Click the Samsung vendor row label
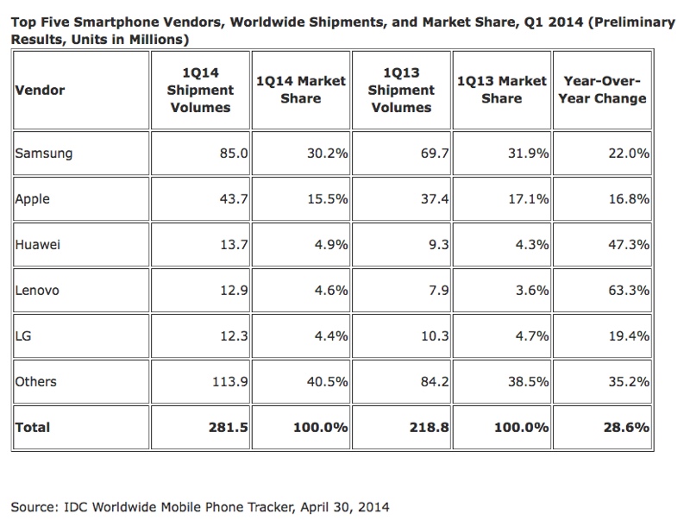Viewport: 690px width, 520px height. [x=44, y=154]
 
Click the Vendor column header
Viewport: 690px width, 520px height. [x=40, y=90]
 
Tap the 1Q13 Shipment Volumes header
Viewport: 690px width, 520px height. [x=401, y=90]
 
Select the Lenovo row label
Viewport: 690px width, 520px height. [x=38, y=291]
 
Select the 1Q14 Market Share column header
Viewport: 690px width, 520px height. [x=301, y=90]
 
